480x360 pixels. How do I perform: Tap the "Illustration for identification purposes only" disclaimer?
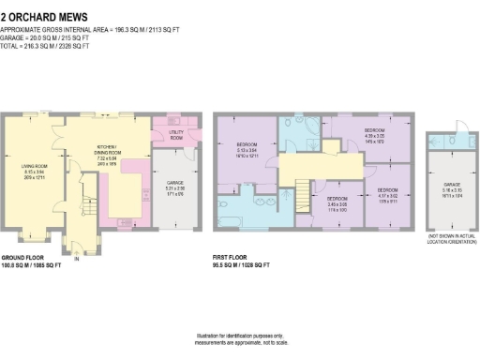[239, 337]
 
